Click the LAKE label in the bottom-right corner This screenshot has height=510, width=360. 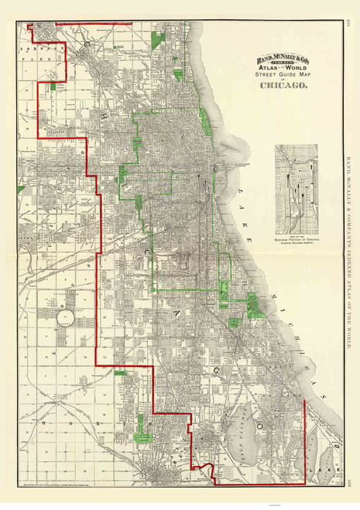pyautogui.click(x=316, y=468)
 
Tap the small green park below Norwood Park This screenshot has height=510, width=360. pyautogui.click(x=53, y=85)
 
